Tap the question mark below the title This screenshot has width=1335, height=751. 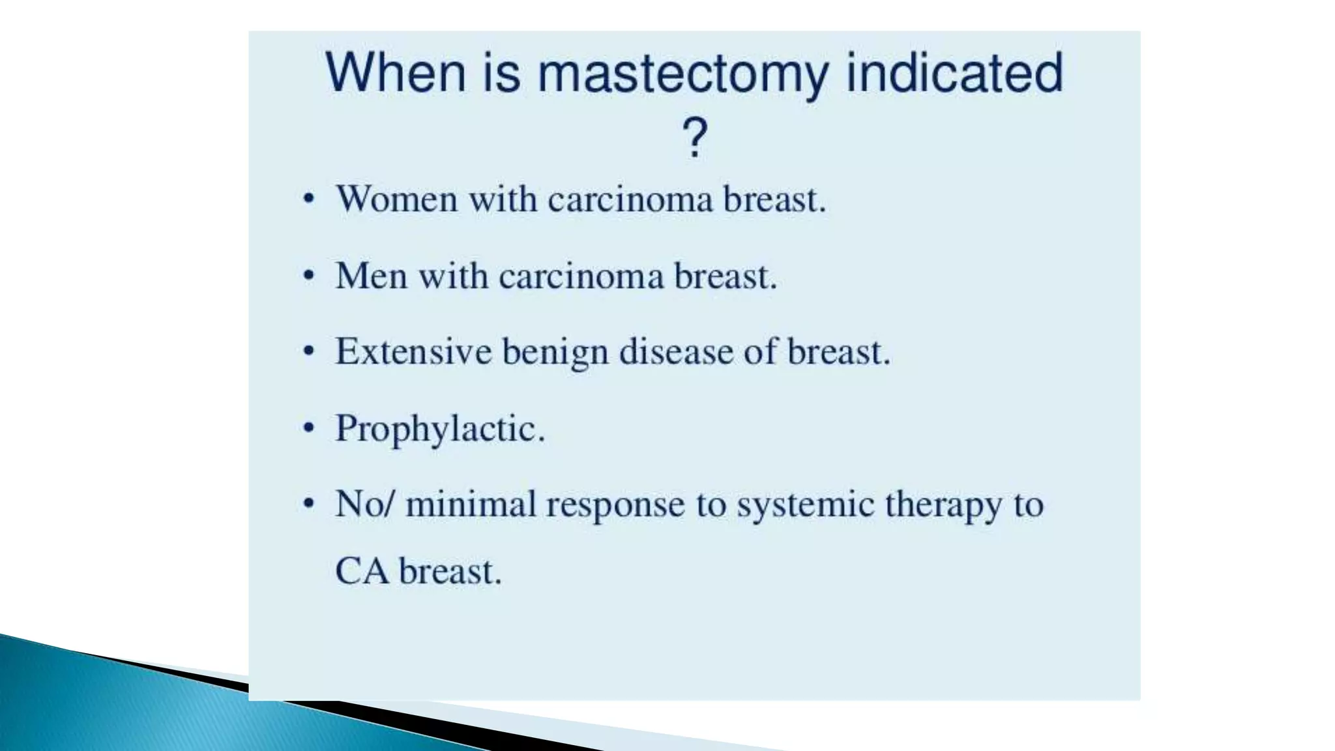[694, 138]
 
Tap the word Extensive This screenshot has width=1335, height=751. [413, 352]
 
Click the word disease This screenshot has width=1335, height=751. [675, 352]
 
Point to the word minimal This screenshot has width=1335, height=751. [470, 504]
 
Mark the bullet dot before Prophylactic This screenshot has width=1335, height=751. [309, 428]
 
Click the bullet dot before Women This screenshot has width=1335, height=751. [309, 199]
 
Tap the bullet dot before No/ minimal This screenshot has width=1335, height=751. [309, 504]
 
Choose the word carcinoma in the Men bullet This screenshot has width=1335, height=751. [581, 276]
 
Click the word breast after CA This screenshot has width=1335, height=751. [450, 571]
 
